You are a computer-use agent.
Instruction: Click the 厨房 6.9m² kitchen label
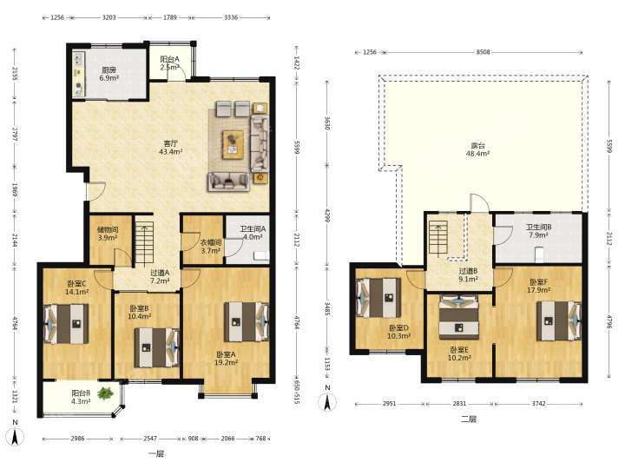[109, 74]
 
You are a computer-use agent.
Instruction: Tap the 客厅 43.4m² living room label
[171, 147]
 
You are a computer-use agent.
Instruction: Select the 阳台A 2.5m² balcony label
[170, 63]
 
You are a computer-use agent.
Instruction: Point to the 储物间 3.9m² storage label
[108, 234]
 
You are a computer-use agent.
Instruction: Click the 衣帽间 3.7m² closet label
[210, 247]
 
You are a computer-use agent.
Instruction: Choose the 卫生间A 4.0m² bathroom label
[253, 233]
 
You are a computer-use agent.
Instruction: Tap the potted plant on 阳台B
[105, 393]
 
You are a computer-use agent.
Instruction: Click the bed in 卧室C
[67, 324]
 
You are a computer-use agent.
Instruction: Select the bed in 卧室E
[459, 317]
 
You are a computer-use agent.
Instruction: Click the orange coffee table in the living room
[233, 144]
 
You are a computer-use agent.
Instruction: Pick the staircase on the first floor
[144, 244]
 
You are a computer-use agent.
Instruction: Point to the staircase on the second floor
[438, 238]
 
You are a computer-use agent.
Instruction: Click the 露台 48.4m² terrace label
[478, 149]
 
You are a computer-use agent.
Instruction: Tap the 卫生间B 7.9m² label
[538, 231]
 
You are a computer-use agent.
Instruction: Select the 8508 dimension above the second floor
[484, 52]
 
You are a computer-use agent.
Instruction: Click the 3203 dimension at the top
[109, 17]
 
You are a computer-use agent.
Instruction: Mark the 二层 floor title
[469, 419]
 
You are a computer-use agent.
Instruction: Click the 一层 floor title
[156, 454]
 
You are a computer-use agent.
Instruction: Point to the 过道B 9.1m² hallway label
[468, 275]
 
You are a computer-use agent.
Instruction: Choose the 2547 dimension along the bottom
[150, 439]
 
